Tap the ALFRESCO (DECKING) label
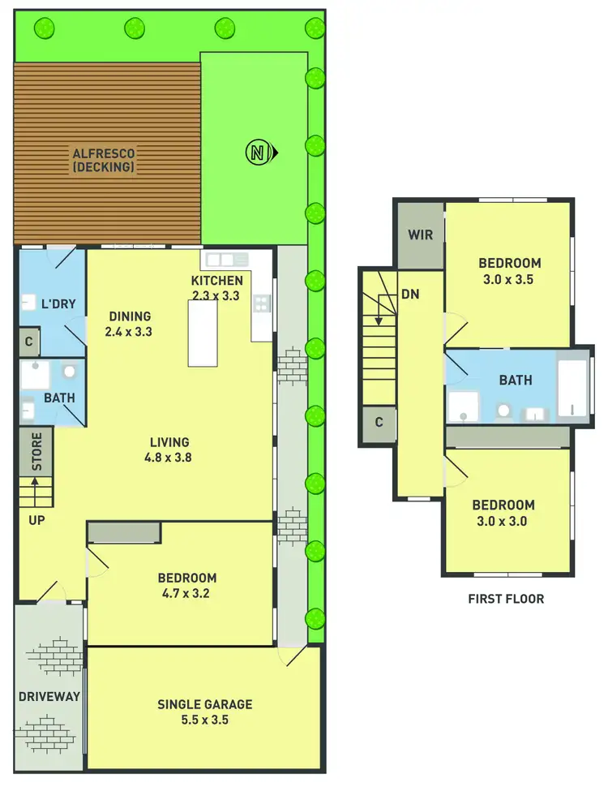pyautogui.click(x=103, y=159)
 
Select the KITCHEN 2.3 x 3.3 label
pyautogui.click(x=216, y=288)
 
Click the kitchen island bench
pyautogui.click(x=204, y=333)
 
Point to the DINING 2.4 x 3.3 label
pyautogui.click(x=129, y=324)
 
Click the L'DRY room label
pyautogui.click(x=58, y=304)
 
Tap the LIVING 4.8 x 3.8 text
pyautogui.click(x=169, y=449)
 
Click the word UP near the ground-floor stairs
pyautogui.click(x=36, y=519)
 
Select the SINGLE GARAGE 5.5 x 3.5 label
pyautogui.click(x=204, y=712)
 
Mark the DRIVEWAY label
pyautogui.click(x=49, y=696)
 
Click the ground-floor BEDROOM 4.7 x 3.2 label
pyautogui.click(x=186, y=585)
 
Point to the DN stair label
pyautogui.click(x=410, y=295)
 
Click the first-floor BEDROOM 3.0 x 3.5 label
pyautogui.click(x=509, y=271)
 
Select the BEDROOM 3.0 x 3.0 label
pyautogui.click(x=504, y=513)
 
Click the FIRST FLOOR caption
pyautogui.click(x=506, y=599)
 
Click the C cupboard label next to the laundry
pyautogui.click(x=28, y=342)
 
